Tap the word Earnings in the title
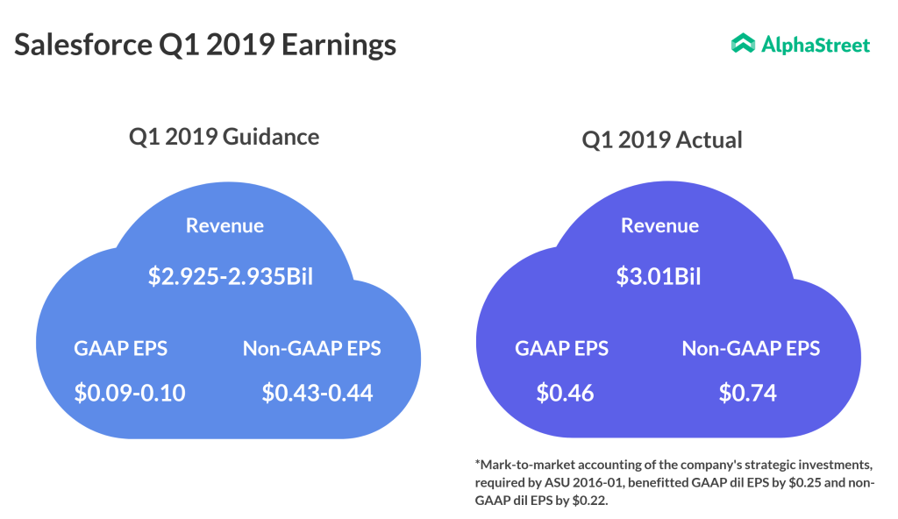339,45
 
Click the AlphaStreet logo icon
743,44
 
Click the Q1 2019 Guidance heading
224,137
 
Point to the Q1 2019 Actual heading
661,139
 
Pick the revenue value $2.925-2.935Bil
231,278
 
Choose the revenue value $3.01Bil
659,278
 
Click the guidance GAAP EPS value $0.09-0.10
130,393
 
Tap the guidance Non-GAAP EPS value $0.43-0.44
317,393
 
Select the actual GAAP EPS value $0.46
566,393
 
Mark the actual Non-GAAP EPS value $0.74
748,393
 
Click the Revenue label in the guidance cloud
224,225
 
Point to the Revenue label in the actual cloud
659,225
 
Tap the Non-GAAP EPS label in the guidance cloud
312,348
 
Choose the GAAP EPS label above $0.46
561,348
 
